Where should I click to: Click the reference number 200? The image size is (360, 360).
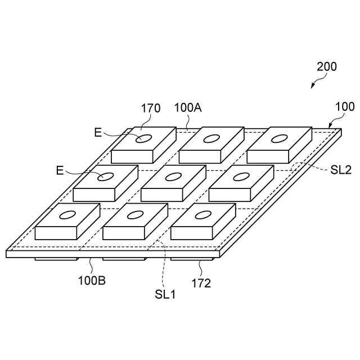[327, 66]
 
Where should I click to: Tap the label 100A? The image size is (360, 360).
[188, 107]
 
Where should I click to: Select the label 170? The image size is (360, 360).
[151, 108]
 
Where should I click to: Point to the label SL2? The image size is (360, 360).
[341, 169]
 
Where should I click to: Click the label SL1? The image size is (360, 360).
[165, 293]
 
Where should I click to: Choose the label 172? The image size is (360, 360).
[200, 283]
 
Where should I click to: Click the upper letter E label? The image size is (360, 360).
[98, 133]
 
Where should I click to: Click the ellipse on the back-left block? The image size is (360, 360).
[143, 138]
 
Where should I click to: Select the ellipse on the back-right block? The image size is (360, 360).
[278, 138]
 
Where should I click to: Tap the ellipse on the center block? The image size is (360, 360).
[173, 177]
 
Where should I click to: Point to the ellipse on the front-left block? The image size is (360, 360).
[67, 215]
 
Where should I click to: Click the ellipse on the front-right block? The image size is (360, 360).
[202, 214]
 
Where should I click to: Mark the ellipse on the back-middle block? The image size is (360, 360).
[211, 138]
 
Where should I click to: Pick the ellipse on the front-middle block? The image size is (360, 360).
[135, 214]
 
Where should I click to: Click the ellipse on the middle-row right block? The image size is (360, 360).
[241, 177]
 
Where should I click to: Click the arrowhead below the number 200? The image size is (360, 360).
[313, 87]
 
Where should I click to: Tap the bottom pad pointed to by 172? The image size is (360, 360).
[192, 259]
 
